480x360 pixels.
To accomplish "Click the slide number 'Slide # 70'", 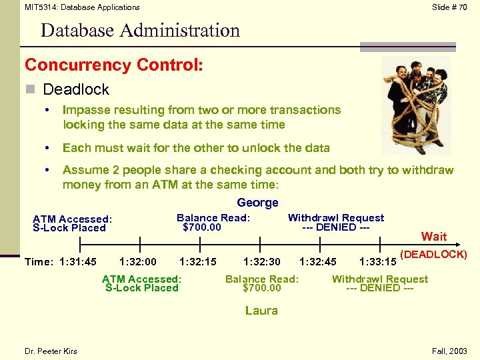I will point(449,7).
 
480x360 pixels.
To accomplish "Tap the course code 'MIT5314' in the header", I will point(39,7).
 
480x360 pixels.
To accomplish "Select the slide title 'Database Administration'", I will point(140,31).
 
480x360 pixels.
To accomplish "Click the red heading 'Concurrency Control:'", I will point(114,65).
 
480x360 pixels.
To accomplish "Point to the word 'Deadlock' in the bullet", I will point(75,89).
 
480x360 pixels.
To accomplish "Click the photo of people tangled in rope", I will point(416,105).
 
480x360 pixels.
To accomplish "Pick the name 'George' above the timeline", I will point(257,203).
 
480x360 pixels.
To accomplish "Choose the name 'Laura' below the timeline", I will point(261,310).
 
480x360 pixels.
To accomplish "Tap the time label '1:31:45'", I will point(78,262).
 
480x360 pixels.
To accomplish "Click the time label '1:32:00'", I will point(137,262).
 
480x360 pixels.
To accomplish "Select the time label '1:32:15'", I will point(198,262).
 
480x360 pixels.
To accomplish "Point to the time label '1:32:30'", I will point(261,262).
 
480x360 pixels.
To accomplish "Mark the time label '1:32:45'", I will point(318,262).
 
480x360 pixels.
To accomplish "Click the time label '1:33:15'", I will point(377,262).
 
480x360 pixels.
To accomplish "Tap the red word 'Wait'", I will point(434,236).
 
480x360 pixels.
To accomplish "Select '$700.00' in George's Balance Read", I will point(202,227).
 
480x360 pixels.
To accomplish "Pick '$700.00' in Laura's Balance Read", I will point(262,288).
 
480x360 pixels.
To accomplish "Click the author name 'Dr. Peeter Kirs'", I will point(51,351).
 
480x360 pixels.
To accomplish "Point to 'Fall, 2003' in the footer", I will point(451,351).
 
